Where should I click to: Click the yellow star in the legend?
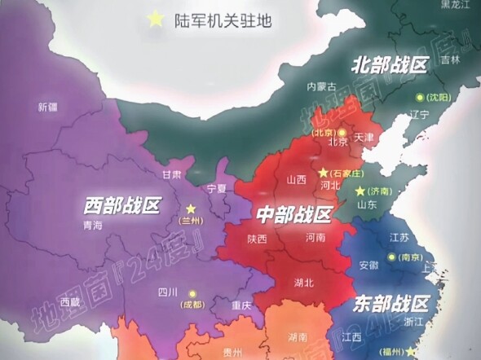(x=154, y=21)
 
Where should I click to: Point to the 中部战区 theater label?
(x=293, y=215)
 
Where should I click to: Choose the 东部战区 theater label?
(x=391, y=305)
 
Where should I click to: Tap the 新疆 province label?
(x=48, y=107)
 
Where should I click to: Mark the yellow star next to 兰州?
(x=191, y=209)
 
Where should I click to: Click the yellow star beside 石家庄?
(x=323, y=173)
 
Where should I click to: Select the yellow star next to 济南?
(x=360, y=191)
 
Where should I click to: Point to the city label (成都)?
(x=193, y=304)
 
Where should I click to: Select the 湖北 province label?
(x=303, y=283)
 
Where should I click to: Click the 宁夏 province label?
(x=216, y=188)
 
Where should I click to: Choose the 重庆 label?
(x=242, y=306)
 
